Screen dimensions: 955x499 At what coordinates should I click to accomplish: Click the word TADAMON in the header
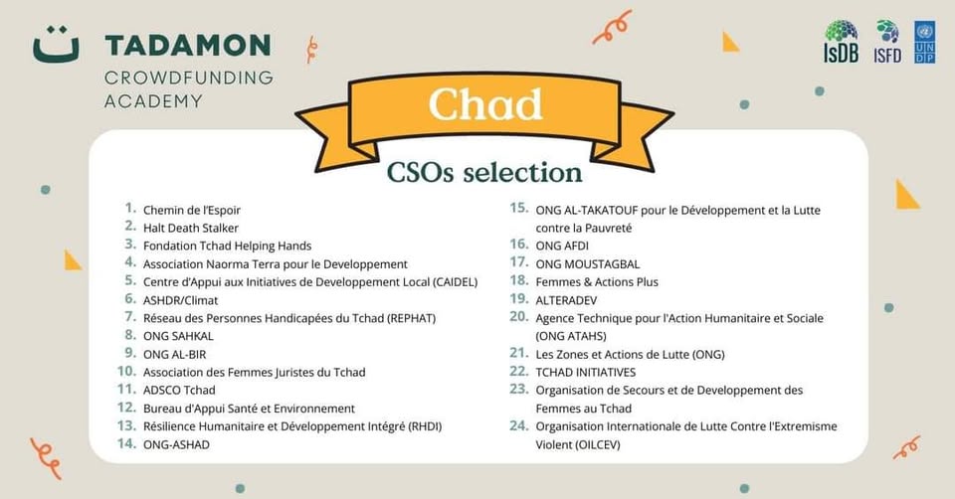click(x=188, y=46)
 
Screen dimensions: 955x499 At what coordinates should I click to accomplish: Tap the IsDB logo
click(x=842, y=42)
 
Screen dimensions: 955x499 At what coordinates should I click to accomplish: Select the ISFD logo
click(x=886, y=42)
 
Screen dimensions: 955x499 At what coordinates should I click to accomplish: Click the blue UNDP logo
click(x=924, y=42)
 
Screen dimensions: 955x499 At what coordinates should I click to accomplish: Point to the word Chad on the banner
click(x=484, y=104)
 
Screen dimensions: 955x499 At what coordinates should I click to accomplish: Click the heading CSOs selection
click(x=484, y=172)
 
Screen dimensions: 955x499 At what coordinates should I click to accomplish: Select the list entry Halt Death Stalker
click(x=191, y=229)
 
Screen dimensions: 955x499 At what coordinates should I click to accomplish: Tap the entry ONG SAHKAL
click(x=178, y=336)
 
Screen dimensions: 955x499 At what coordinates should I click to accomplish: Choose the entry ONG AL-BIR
click(x=174, y=354)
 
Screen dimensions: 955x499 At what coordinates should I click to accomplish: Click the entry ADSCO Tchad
click(x=179, y=390)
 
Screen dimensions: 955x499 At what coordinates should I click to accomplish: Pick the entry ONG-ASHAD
click(x=176, y=445)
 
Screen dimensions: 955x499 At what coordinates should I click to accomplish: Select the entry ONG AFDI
click(x=562, y=246)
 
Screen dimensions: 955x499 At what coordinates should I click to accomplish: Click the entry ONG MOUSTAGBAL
click(x=588, y=264)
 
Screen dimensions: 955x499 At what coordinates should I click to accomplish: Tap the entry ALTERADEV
click(x=566, y=300)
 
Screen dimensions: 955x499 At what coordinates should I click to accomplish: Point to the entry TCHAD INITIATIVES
click(x=585, y=373)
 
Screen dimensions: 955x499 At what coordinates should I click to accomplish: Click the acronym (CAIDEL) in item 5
click(x=455, y=282)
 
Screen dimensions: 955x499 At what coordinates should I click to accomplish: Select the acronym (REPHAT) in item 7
click(x=411, y=318)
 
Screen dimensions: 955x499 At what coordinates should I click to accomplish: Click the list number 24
click(x=519, y=426)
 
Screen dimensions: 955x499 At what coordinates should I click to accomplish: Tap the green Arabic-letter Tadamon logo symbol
click(x=56, y=45)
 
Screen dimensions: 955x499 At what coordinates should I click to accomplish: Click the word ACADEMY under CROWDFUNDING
click(x=153, y=101)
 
